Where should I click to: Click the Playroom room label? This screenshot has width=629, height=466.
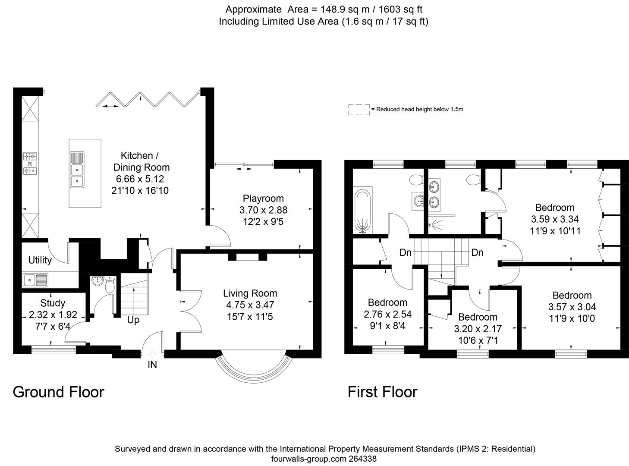pyautogui.click(x=263, y=198)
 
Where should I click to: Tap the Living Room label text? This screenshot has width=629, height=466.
pyautogui.click(x=250, y=293)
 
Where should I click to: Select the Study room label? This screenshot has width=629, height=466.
pyautogui.click(x=53, y=303)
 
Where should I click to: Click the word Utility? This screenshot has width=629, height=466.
pyautogui.click(x=40, y=260)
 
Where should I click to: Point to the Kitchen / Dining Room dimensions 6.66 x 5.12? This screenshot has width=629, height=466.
pyautogui.click(x=139, y=179)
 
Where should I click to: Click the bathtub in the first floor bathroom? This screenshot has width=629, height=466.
pyautogui.click(x=362, y=210)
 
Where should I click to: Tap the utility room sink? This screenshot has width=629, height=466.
pyautogui.click(x=36, y=280)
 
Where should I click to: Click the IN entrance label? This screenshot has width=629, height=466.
pyautogui.click(x=152, y=365)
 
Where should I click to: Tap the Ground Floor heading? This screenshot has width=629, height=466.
pyautogui.click(x=59, y=392)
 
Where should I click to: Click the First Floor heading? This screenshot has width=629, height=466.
pyautogui.click(x=383, y=392)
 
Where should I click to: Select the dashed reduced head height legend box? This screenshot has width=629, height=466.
pyautogui.click(x=359, y=110)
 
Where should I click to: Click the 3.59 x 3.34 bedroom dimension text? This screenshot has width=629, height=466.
pyautogui.click(x=555, y=219)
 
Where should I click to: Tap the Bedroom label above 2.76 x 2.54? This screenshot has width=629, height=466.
pyautogui.click(x=387, y=302)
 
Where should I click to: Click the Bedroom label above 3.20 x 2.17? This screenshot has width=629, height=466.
pyautogui.click(x=478, y=317)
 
